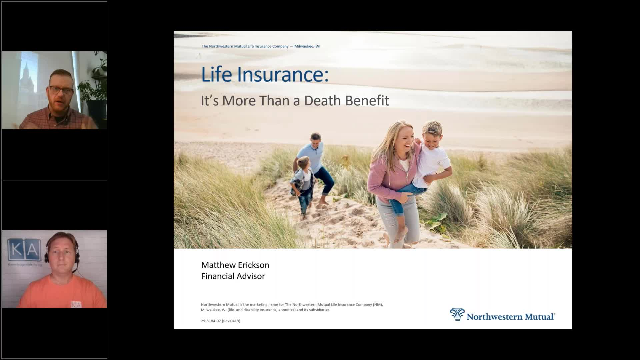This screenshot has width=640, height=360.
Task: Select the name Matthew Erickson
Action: [235, 265]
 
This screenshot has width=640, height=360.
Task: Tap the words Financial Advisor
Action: [233, 276]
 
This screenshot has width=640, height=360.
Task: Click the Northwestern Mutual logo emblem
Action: [457, 315]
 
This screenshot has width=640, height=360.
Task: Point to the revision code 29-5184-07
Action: [211, 321]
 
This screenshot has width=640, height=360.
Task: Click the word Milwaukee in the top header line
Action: [304, 46]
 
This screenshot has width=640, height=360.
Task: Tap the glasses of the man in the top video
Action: [61, 90]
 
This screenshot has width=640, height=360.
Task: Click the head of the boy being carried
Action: [432, 132]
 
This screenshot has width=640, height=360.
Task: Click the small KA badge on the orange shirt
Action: [76, 304]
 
